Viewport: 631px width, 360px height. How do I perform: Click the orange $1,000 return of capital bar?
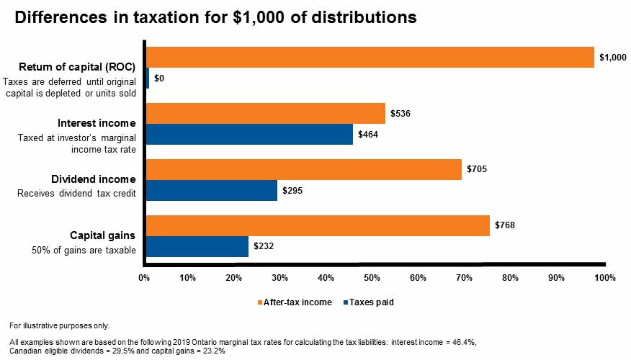tap(370, 57)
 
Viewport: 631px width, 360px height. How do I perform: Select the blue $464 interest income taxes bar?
tap(249, 134)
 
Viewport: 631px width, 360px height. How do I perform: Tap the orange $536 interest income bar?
tap(265, 113)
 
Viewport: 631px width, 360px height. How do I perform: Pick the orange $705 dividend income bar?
tap(303, 169)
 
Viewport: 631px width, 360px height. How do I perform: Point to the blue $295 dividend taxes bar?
tap(211, 190)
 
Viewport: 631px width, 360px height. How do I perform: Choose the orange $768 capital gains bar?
tap(318, 225)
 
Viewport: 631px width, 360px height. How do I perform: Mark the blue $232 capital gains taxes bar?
tap(197, 246)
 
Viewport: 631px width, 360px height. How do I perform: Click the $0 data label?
tap(159, 78)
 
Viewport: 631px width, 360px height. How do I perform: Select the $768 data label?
tap(505, 225)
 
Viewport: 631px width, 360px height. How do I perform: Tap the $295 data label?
tap(292, 190)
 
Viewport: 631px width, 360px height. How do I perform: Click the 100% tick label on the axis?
tap(605, 277)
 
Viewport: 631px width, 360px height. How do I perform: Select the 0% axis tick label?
tap(144, 277)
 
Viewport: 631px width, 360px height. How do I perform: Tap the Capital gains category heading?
tap(102, 235)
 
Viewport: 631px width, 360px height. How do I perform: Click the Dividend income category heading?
tap(93, 179)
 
